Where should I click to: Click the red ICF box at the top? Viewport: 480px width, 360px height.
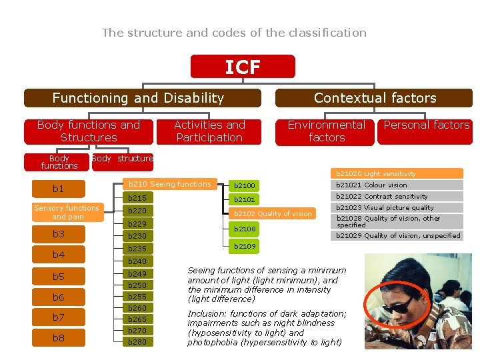(242, 67)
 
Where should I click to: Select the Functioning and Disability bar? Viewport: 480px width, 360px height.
(138, 98)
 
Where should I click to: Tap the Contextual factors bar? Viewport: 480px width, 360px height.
(374, 98)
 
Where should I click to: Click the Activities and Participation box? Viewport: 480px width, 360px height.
(209, 131)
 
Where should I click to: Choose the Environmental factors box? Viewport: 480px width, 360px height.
(325, 131)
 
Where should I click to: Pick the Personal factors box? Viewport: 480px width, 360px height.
(426, 125)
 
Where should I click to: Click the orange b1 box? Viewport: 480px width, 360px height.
(58, 189)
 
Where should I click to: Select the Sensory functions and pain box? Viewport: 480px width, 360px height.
(66, 212)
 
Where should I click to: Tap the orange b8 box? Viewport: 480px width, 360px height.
(58, 338)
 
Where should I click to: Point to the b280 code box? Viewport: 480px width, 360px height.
(137, 341)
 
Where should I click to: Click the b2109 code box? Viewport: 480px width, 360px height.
(244, 247)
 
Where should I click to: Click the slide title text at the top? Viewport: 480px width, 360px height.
(234, 33)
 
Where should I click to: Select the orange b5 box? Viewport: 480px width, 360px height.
(58, 277)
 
